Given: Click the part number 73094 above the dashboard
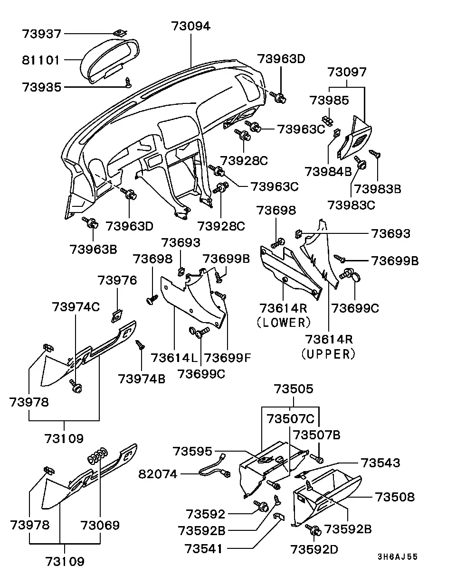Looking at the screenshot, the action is coord(191,26).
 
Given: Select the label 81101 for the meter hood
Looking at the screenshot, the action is coord(40,60).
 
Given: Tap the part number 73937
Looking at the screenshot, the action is coord(41,34).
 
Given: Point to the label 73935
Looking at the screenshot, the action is coord(41,87).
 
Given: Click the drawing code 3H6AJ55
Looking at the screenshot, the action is coord(398,556).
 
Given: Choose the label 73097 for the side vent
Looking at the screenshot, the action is coord(347,72).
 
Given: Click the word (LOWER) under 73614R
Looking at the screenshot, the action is coord(284,323).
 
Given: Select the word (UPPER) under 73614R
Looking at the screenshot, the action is coord(329,354).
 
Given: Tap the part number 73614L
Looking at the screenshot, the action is coord(174,358).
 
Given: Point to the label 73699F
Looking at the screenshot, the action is coord(228,358).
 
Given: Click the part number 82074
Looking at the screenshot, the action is coord(158,474).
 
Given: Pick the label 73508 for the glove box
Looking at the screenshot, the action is coord(395,497).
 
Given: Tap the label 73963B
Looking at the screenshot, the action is coord(93,250).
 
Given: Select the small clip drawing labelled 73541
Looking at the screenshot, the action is coord(279,516).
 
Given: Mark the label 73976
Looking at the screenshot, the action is coord(117,280).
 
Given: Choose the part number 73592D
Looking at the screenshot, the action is coord(314,549).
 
